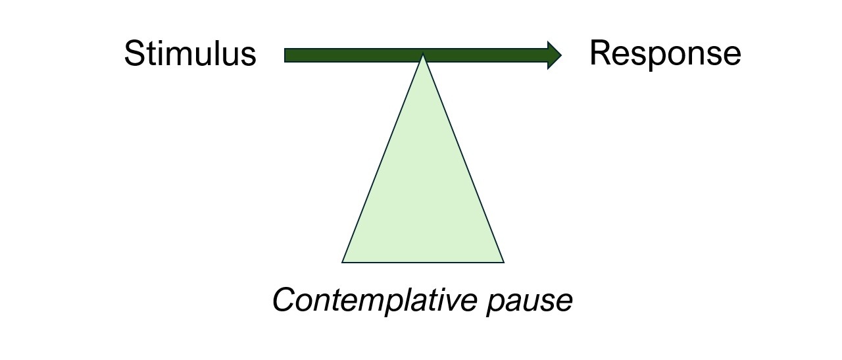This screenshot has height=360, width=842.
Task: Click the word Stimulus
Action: pos(189,54)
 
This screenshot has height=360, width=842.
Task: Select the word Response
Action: pos(664,54)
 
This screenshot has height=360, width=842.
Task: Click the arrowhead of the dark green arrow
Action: pos(554,55)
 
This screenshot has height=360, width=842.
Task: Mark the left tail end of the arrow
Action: pos(286,55)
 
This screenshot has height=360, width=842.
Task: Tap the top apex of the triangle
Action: pos(423,55)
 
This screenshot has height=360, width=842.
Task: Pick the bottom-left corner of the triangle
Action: pos(343,262)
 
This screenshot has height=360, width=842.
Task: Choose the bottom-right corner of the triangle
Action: pos(503,262)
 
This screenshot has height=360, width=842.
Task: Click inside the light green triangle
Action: pos(423,197)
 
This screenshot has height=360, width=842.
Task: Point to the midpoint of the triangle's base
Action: pos(423,262)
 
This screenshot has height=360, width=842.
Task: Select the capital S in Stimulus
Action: pos(134,54)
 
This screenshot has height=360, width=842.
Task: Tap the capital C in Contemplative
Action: pos(284,300)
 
